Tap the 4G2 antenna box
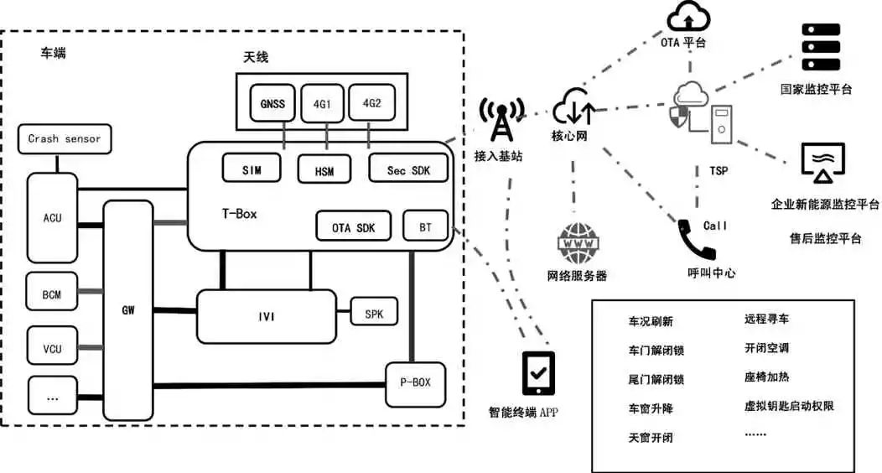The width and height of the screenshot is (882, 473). pos(370,105)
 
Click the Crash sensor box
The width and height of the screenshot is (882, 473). pos(65,139)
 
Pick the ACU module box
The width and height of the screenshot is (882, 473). pos(52,218)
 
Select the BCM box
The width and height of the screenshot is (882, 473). pos(51,295)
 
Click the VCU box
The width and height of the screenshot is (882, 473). pos(51,348)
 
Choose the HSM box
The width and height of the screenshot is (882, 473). pos(323,171)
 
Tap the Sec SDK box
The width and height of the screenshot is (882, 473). pos(408,170)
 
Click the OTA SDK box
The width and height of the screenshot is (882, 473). pos(353,227)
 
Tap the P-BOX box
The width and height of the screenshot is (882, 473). pos(414,382)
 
